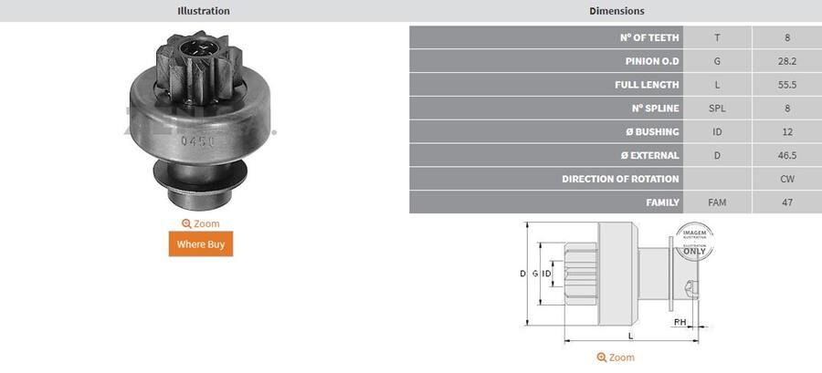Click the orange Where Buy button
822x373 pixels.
tap(200, 244)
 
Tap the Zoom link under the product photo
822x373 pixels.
tap(200, 223)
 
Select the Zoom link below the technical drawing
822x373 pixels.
tap(615, 357)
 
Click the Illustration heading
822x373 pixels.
tap(203, 11)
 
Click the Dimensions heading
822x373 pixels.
tap(616, 11)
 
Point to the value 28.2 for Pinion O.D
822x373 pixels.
tap(786, 61)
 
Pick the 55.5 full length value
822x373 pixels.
tap(786, 85)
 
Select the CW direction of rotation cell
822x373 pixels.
tap(786, 179)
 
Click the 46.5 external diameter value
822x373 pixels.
tap(786, 155)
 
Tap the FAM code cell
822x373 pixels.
tap(717, 202)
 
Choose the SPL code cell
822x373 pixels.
tap(717, 109)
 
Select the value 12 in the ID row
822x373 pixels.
tap(786, 132)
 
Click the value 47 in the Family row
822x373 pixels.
tap(786, 202)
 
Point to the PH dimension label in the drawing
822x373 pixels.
tap(680, 323)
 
